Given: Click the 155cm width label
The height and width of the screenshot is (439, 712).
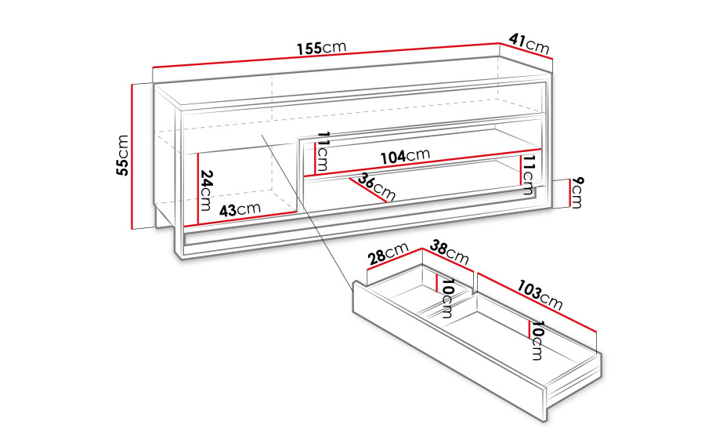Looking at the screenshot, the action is pyautogui.click(x=322, y=47).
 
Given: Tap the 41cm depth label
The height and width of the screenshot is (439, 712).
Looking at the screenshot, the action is pyautogui.click(x=529, y=44).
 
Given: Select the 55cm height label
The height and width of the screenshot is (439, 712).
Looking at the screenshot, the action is pyautogui.click(x=123, y=155).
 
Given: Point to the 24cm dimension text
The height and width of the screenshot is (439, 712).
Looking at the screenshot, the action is pyautogui.click(x=206, y=190).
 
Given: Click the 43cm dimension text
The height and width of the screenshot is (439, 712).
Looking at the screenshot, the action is pyautogui.click(x=240, y=209).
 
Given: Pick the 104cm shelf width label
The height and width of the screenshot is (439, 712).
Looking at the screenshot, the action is pyautogui.click(x=405, y=156).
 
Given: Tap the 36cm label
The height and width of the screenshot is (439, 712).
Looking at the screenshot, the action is pyautogui.click(x=377, y=187).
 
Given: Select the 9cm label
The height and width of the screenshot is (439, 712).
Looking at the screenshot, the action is pyautogui.click(x=576, y=192).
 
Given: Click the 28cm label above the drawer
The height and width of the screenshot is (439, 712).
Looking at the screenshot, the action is pyautogui.click(x=389, y=253).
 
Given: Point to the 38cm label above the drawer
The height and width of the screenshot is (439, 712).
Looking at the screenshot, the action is pyautogui.click(x=449, y=252).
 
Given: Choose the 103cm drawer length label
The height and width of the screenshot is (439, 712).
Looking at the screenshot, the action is pyautogui.click(x=540, y=296).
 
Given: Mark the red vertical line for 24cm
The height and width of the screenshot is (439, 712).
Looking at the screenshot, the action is pyautogui.click(x=198, y=189).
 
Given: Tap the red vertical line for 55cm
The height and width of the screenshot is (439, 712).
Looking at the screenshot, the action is pyautogui.click(x=132, y=156).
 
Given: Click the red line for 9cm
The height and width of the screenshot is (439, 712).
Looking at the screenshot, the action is pyautogui.click(x=568, y=193).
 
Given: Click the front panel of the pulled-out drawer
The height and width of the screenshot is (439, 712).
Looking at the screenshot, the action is pyautogui.click(x=450, y=350).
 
